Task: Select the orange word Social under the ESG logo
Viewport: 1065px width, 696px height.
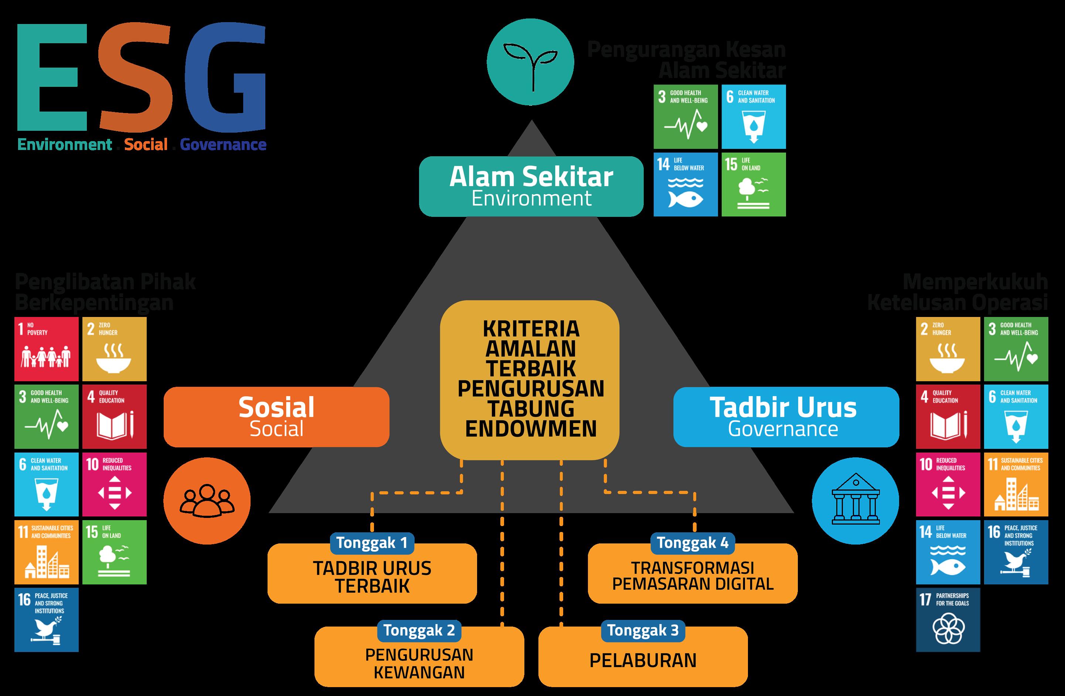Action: pos(146,144)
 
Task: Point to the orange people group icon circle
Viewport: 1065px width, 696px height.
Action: pos(207,501)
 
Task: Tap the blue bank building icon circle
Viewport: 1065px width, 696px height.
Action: pos(855,501)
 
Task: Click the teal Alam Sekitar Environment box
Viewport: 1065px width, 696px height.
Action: pos(531,187)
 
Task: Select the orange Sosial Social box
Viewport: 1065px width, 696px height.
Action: pos(276,417)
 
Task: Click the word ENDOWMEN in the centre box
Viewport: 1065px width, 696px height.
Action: pos(531,429)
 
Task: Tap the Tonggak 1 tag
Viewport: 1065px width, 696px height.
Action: pos(372,543)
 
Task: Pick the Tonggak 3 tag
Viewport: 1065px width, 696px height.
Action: pos(643,630)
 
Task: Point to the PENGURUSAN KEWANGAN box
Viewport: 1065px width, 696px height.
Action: pos(419,663)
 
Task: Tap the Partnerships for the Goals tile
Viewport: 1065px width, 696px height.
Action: pos(948,620)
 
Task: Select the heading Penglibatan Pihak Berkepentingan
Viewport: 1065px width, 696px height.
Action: pos(105,293)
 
